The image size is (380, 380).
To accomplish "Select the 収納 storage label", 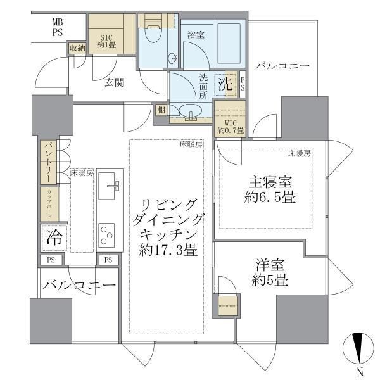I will tap(77, 48).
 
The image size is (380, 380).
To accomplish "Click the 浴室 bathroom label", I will tap(194, 36).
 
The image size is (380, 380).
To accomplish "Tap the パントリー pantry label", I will tap(48, 163).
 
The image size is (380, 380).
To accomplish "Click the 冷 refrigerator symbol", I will tap(54, 237).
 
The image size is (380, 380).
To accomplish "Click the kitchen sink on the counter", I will tap(113, 185).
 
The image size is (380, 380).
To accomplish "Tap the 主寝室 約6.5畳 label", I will tap(266, 190).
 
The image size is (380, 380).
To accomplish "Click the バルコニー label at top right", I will tap(282, 65).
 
